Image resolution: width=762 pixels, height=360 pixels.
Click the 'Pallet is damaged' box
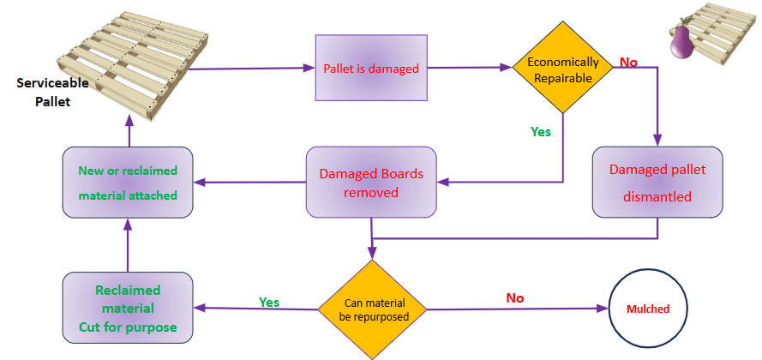pos(371,69)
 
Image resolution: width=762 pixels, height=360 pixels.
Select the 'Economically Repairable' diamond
pos(563,69)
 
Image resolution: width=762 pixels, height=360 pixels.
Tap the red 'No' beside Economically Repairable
pos(628,63)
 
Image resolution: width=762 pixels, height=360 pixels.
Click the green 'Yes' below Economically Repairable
pos(541,132)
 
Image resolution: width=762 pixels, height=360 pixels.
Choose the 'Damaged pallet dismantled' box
pos(657,182)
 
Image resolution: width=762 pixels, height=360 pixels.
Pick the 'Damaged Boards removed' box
pos(371,182)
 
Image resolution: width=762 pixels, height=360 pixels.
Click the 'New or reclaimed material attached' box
pos(128,182)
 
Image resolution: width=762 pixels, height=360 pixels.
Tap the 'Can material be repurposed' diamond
pos(374,309)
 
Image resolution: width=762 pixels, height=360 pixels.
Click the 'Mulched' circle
pos(648,309)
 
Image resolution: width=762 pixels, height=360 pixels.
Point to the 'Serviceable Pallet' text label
pos(43,93)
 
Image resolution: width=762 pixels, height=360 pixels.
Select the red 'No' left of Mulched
pos(514,297)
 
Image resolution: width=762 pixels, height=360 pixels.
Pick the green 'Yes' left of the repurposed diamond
pos(269,302)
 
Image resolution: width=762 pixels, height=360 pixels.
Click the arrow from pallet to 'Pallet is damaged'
pos(249,69)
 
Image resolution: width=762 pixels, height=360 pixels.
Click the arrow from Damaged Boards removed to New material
pos(249,182)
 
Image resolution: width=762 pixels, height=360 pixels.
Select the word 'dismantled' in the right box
pos(657,196)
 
